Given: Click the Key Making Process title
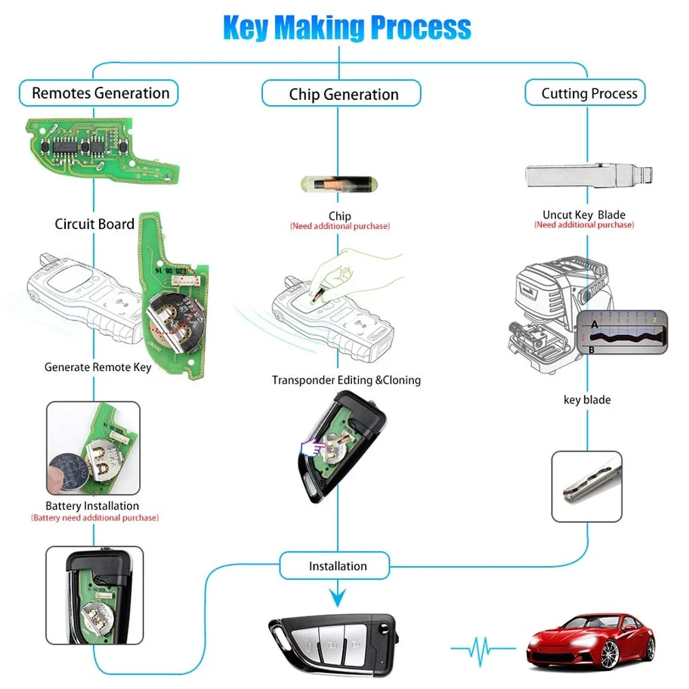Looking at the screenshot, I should pos(347,28).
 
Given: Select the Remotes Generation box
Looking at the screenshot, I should pos(99,93).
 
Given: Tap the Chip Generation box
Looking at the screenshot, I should pos(342,94).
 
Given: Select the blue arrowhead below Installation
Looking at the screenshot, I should pos(338,598).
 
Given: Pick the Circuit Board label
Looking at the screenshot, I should pos(94,224).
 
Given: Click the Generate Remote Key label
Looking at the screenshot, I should pos(97,367).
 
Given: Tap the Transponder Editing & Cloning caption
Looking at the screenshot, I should pos(346,380).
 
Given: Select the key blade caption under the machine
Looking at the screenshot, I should pos(587,400).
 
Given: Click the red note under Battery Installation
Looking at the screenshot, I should pos(95,518).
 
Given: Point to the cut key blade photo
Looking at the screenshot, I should pos(587,486).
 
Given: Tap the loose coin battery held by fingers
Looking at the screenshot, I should pos(68,471).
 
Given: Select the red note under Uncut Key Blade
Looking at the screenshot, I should pos(584,225).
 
